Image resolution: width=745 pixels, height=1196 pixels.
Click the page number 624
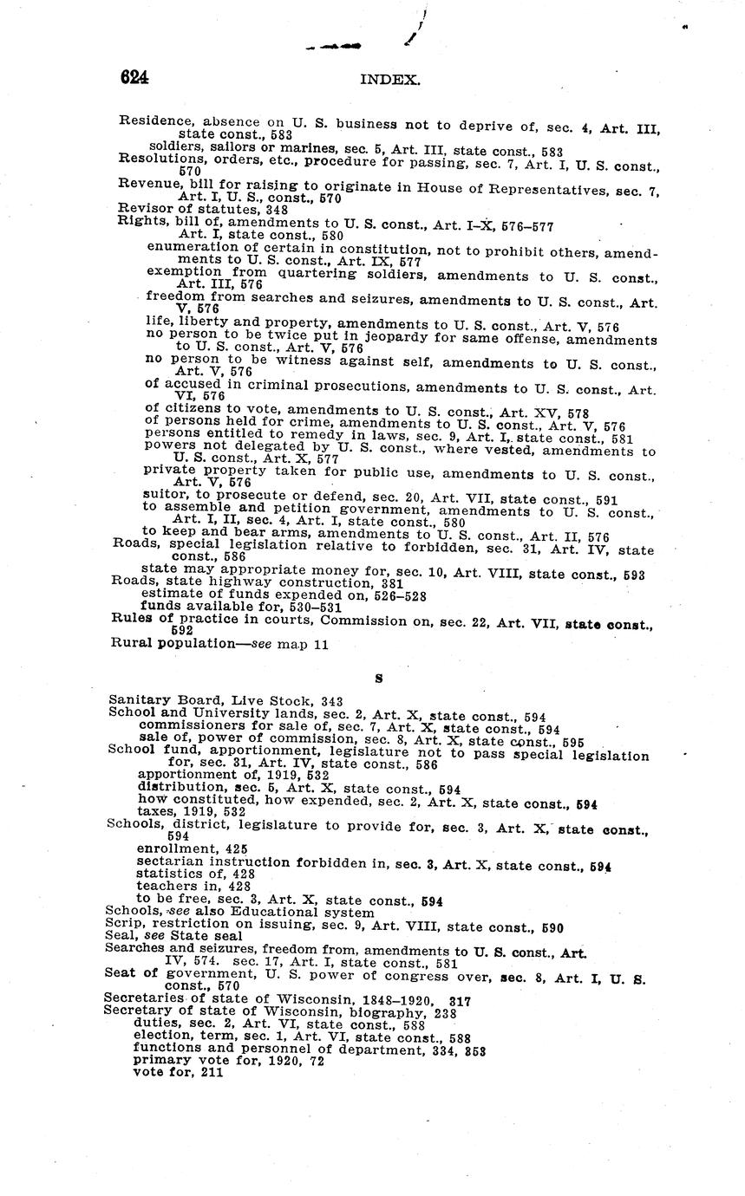pyautogui.click(x=134, y=77)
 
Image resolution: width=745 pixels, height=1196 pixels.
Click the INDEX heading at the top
pyautogui.click(x=390, y=80)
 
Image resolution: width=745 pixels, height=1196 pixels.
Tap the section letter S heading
pyautogui.click(x=378, y=679)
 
